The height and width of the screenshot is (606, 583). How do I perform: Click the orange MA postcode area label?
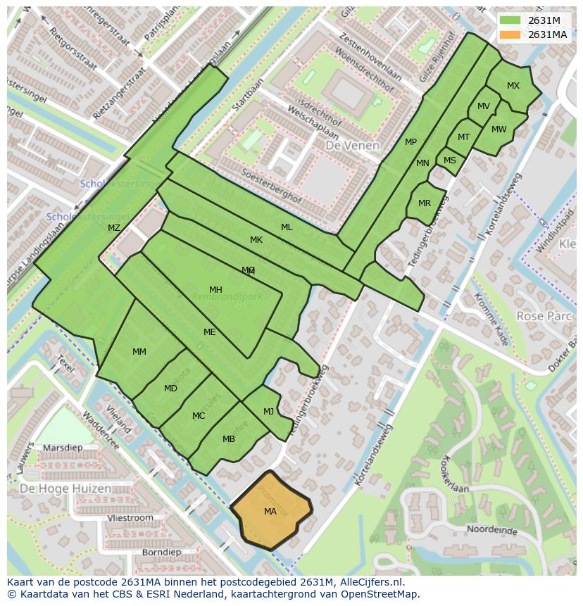270,512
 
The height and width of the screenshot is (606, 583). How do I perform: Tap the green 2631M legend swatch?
511,20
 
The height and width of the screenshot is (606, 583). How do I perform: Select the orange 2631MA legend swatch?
511,34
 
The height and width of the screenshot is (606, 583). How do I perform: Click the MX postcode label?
513,86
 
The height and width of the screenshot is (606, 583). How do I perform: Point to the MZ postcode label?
114,227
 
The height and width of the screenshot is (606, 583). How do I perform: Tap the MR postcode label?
425,203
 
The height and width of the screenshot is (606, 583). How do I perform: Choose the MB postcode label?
229,439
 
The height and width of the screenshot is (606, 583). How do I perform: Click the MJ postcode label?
268,412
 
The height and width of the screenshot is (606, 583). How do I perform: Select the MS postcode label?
450,160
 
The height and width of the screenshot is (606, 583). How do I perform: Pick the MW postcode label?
499,129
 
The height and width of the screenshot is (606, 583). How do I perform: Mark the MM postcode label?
139,351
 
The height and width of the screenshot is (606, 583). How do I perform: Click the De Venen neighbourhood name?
352,146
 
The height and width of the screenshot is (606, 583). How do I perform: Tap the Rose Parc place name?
544,317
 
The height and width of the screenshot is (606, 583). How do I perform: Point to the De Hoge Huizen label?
65,488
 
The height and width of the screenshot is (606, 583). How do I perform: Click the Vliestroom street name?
130,517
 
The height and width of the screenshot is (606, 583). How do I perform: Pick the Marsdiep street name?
62,448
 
